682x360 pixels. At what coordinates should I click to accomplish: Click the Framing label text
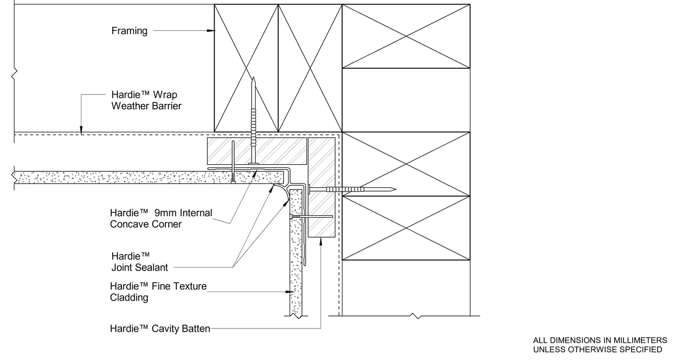coord(129,31)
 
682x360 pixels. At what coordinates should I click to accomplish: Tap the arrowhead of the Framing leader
coord(211,30)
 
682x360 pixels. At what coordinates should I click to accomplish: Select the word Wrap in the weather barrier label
coord(165,95)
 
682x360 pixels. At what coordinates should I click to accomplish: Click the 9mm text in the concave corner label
coord(166,213)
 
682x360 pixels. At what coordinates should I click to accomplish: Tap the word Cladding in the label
coord(129,298)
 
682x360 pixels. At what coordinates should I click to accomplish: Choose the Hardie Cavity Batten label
coord(160,329)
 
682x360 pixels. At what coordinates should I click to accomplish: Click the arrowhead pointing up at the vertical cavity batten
coord(321,242)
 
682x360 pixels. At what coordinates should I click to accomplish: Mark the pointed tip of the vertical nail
coord(253,77)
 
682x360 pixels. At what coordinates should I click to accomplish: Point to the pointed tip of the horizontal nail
coord(395,189)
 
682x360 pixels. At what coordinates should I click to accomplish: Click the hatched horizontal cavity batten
coord(257,151)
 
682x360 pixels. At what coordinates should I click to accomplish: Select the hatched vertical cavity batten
coord(322,187)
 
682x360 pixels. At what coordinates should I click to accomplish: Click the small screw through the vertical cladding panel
coord(311,217)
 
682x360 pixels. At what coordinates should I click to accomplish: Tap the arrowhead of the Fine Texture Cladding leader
coord(290,292)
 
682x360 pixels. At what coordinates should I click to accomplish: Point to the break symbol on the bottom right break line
coord(416,316)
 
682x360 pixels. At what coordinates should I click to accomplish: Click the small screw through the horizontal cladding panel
coord(233,162)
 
